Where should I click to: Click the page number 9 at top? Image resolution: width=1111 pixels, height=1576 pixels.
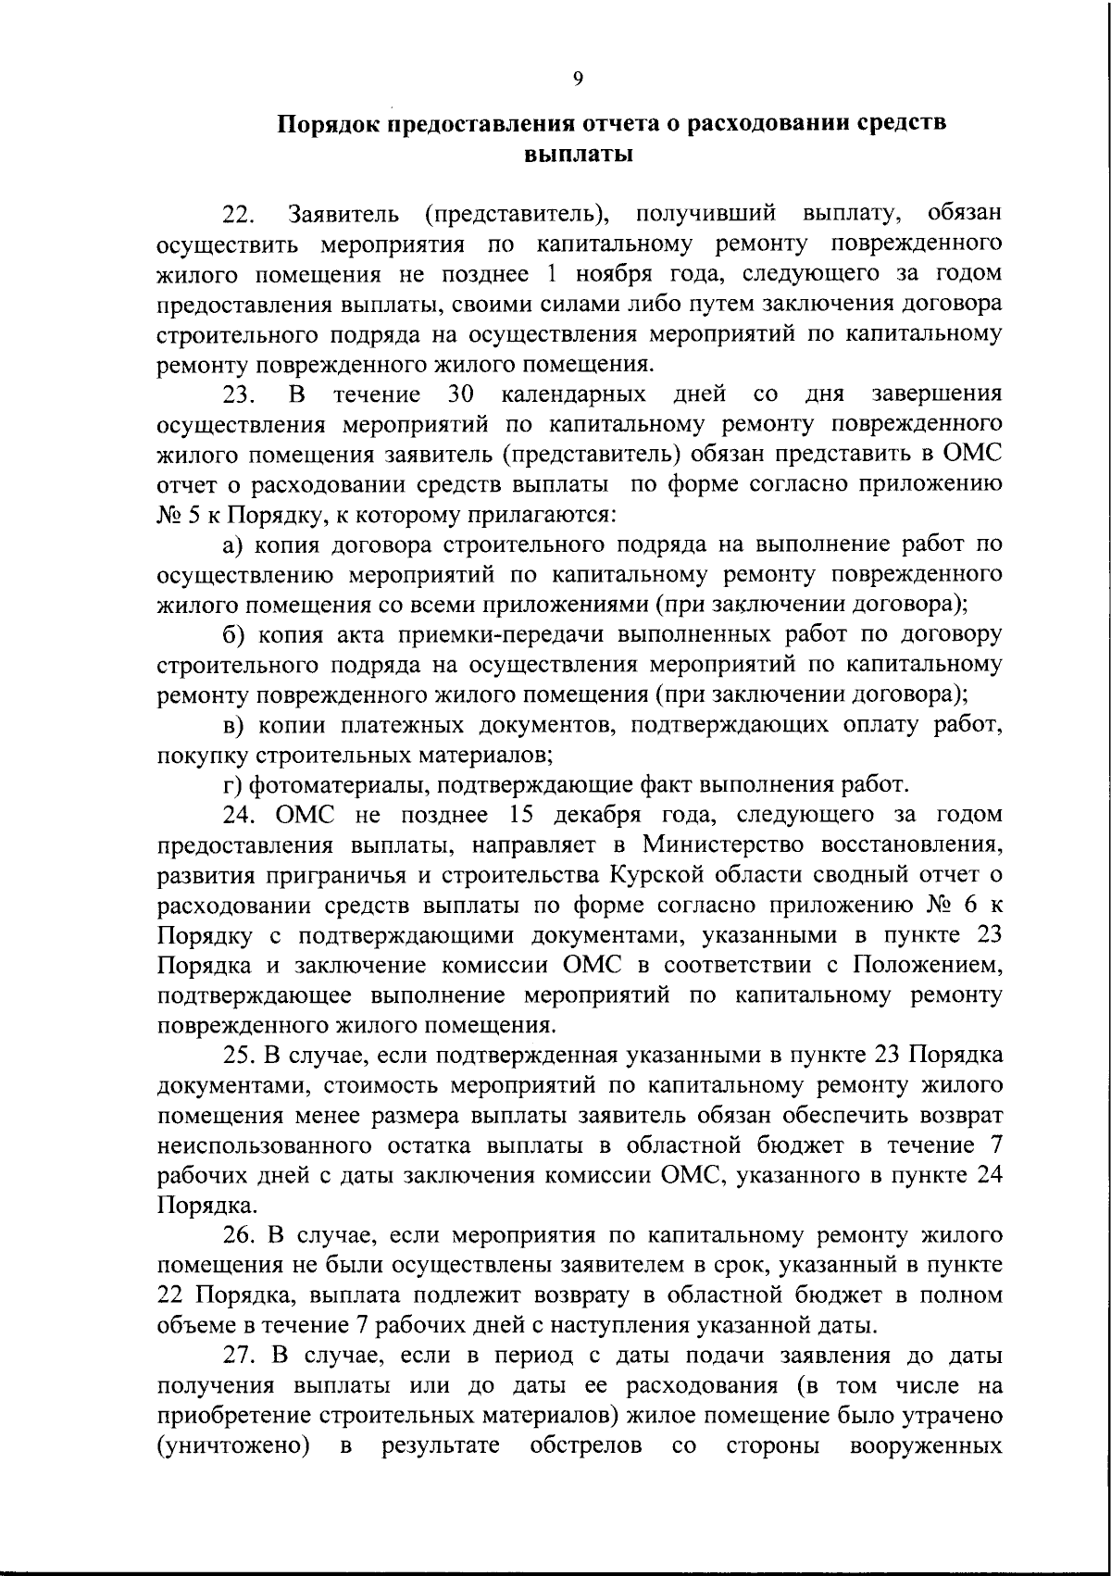[x=578, y=80]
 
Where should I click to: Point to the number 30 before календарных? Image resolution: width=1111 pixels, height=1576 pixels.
[x=461, y=394]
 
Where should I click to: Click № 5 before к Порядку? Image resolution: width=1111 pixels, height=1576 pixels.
[x=174, y=515]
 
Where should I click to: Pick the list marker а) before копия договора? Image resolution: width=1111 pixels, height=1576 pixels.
[x=234, y=544]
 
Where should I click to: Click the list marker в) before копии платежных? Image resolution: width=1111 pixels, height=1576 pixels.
[x=233, y=725]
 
